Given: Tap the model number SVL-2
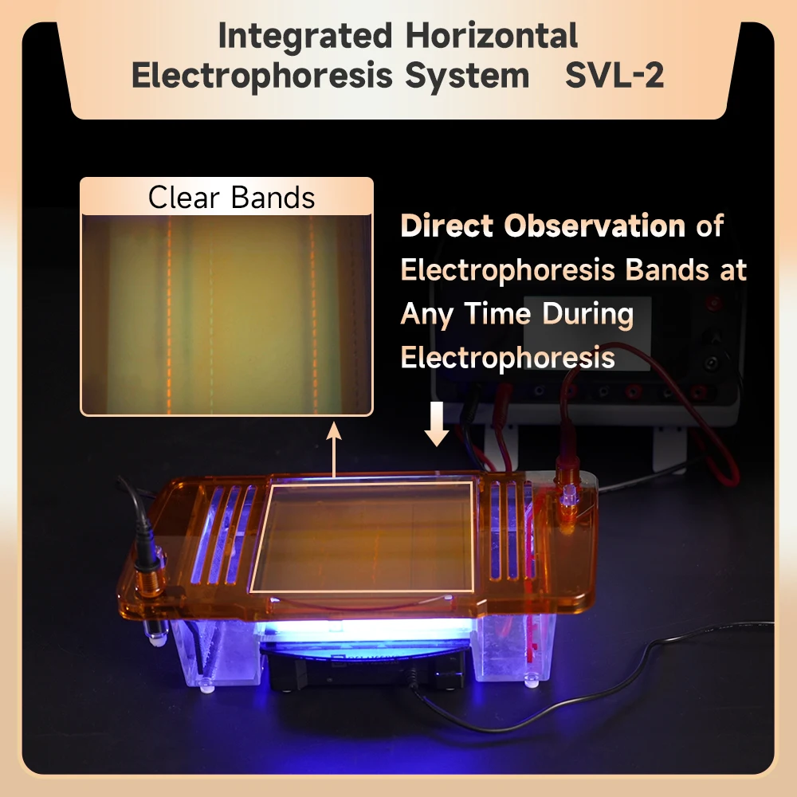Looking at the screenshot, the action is pos(614,75).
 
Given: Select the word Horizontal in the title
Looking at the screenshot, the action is pos(492,35).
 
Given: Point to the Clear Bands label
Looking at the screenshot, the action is pos(231,197).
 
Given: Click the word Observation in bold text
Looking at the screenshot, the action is pos(595,226).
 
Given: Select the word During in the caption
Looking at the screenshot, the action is pos(587,315).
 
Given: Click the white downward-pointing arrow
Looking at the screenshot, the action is pos(437,424).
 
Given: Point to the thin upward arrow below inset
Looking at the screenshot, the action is pos(334,450).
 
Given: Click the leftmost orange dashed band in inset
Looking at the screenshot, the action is pos(169,315).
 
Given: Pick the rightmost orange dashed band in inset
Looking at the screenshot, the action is pos(313,315).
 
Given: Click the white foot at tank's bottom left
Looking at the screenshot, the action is pos(206,687).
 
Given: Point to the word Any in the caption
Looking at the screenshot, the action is pos(426,315).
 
